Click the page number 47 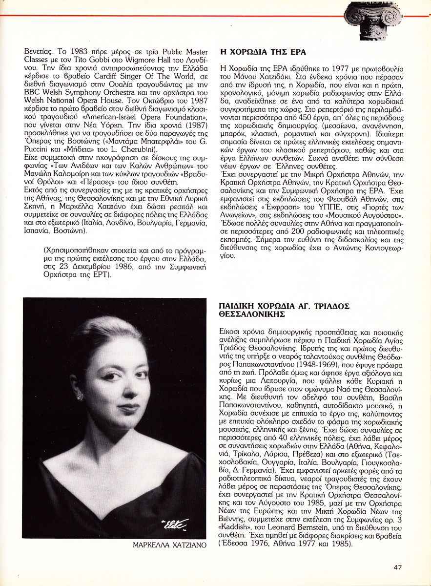tap(397, 567)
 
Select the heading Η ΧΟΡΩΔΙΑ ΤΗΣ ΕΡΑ tap(264, 52)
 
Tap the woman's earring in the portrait tap(80, 397)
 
